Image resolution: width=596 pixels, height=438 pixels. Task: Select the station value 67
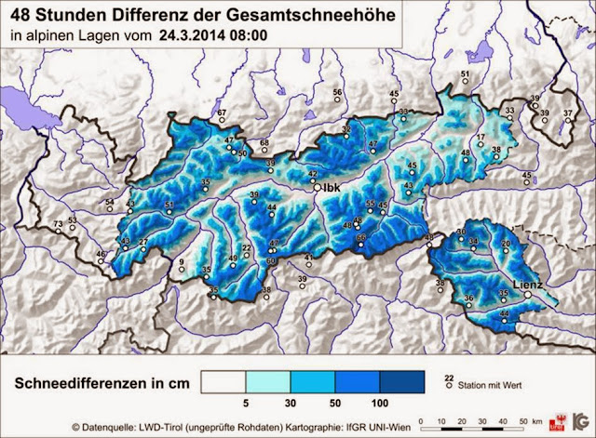[222, 113]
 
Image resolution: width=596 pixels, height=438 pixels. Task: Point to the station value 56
[337, 92]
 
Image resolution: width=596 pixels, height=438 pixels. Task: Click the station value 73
[58, 225]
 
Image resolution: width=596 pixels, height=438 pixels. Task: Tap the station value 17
[481, 138]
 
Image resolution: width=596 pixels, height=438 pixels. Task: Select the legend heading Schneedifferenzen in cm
[109, 382]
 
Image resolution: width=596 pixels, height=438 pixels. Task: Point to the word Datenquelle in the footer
[119, 426]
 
